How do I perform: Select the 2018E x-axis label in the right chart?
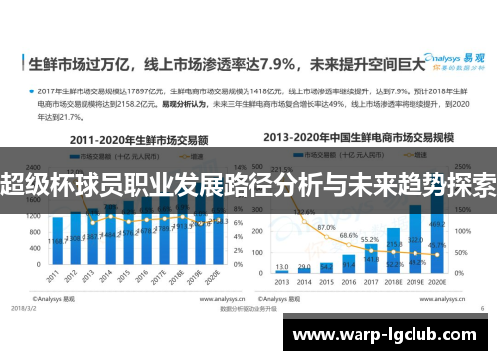pyautogui.click(x=395, y=282)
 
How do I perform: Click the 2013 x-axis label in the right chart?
pyautogui.click(x=280, y=282)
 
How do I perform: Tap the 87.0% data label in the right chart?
pyautogui.click(x=326, y=229)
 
